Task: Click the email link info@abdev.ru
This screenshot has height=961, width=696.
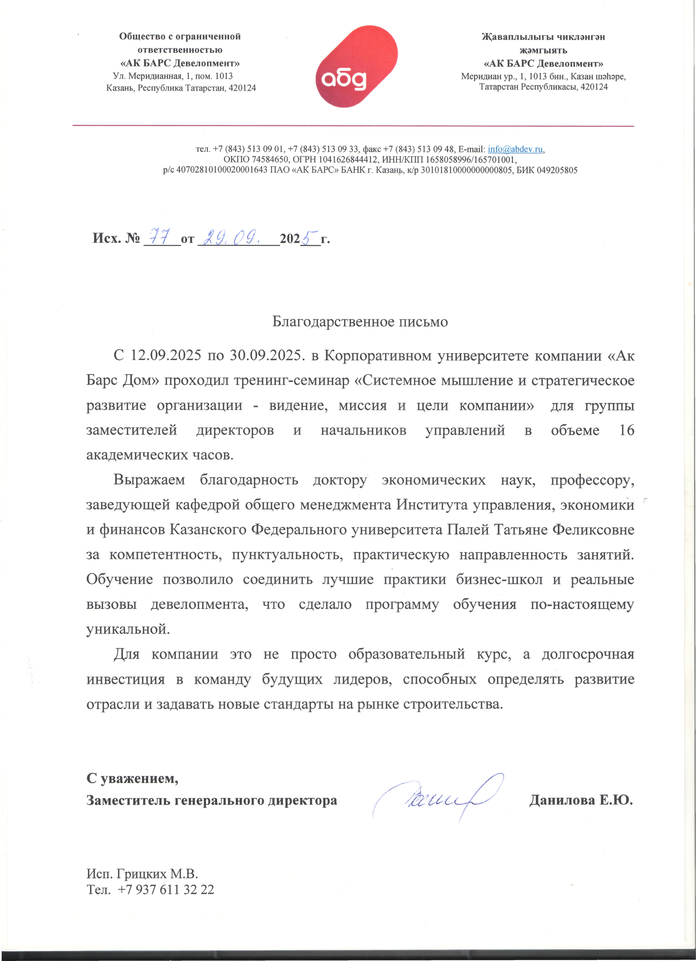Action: pos(515,149)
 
